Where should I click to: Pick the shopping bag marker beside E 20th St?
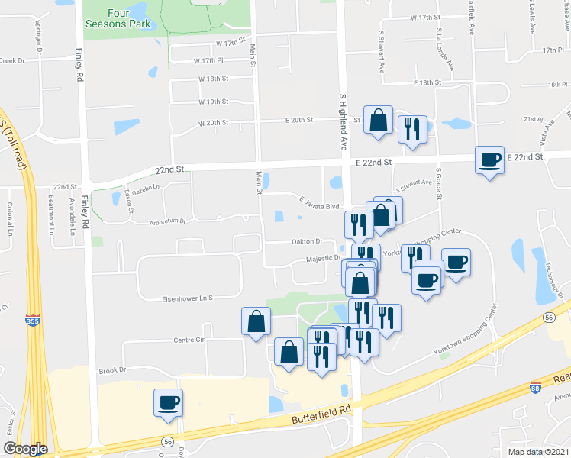pyautogui.click(x=378, y=120)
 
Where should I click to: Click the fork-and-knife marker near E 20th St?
pyautogui.click(x=412, y=129)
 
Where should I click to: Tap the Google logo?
pyautogui.click(x=24, y=449)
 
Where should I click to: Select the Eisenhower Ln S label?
pyautogui.click(x=186, y=298)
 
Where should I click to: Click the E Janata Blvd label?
pyautogui.click(x=318, y=206)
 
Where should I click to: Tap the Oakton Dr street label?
pyautogui.click(x=308, y=241)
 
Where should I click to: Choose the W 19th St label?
pyautogui.click(x=214, y=102)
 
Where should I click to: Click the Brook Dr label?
pyautogui.click(x=111, y=370)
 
